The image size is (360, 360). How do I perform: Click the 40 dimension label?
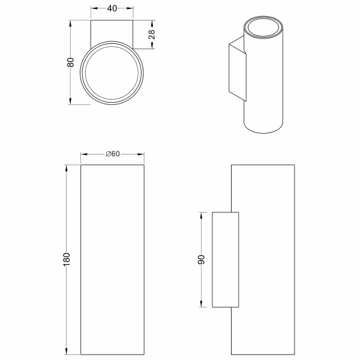[112, 8]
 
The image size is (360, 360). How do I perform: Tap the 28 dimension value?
[152, 34]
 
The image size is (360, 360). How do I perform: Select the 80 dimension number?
[70, 62]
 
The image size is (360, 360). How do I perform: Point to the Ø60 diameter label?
[113, 154]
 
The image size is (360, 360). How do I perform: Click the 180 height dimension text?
[66, 260]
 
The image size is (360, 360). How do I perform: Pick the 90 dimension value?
[201, 260]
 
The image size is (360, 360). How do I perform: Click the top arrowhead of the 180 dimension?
[67, 169]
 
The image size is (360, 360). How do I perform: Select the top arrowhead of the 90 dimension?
[202, 216]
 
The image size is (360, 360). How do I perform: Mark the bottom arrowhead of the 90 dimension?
[202, 303]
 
